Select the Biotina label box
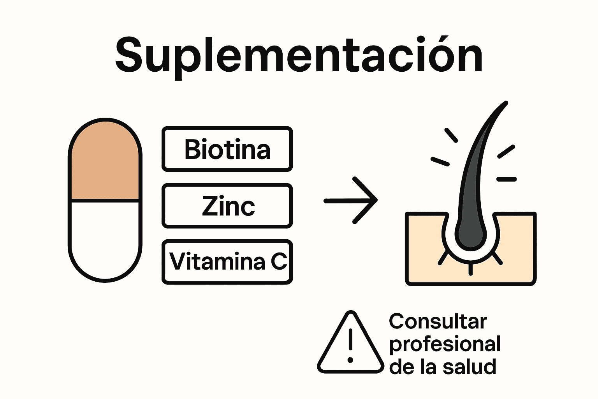227,149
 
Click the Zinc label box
227,206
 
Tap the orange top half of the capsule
105,164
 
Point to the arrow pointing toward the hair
350,200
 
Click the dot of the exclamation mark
350,360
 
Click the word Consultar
438,322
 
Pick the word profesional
445,344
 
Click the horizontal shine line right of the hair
507,179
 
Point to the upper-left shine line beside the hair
451,135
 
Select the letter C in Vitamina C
278,262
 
